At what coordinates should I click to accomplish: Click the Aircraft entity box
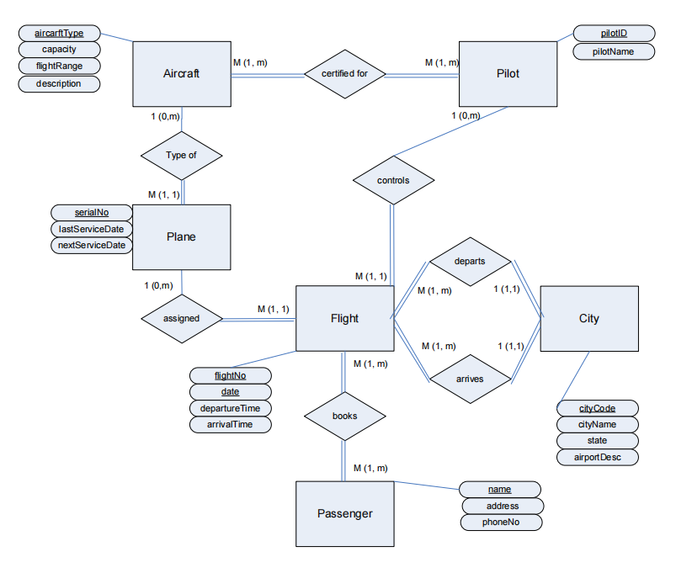pyautogui.click(x=182, y=74)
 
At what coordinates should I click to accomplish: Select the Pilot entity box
pyautogui.click(x=508, y=74)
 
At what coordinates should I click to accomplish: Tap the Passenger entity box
pyautogui.click(x=344, y=513)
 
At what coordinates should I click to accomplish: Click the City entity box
pyautogui.click(x=588, y=318)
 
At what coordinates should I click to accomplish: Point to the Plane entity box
pyautogui.click(x=182, y=236)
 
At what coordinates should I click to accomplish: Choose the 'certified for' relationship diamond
pyautogui.click(x=344, y=74)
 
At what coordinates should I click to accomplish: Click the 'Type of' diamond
pyautogui.click(x=182, y=155)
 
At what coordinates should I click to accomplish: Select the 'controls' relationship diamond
pyautogui.click(x=393, y=180)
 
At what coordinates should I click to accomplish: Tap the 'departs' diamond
pyautogui.click(x=469, y=261)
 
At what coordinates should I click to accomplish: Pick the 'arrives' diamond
pyautogui.click(x=469, y=379)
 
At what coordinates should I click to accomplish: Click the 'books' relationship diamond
pyautogui.click(x=344, y=416)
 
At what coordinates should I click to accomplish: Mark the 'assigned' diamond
pyautogui.click(x=182, y=319)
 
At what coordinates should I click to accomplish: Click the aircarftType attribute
pyautogui.click(x=59, y=33)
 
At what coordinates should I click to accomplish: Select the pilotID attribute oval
pyautogui.click(x=614, y=34)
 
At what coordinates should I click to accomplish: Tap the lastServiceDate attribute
pyautogui.click(x=92, y=229)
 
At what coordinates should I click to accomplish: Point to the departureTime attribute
pyautogui.click(x=231, y=408)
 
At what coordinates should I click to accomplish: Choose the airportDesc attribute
pyautogui.click(x=598, y=458)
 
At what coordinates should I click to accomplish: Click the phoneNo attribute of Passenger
pyautogui.click(x=501, y=523)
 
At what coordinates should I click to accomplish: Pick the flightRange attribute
pyautogui.click(x=59, y=66)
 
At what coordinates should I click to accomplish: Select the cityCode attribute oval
pyautogui.click(x=598, y=408)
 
